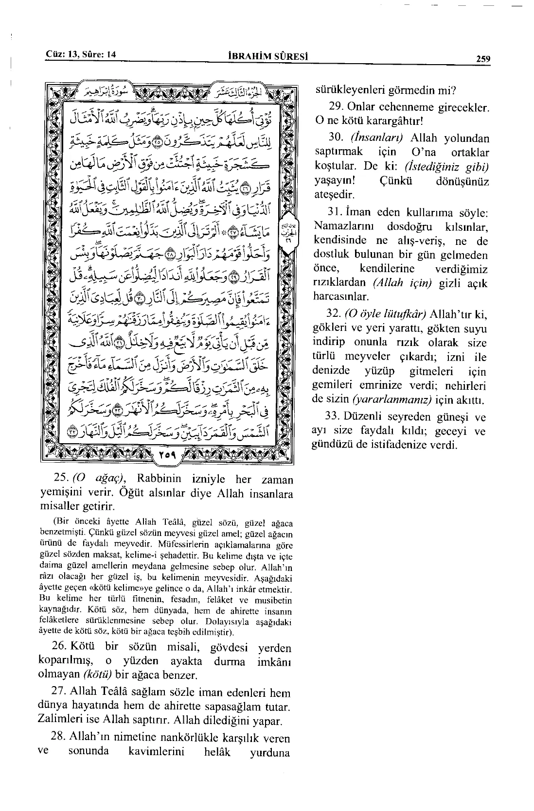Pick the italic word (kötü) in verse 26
97,675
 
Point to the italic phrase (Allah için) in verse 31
402,283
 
